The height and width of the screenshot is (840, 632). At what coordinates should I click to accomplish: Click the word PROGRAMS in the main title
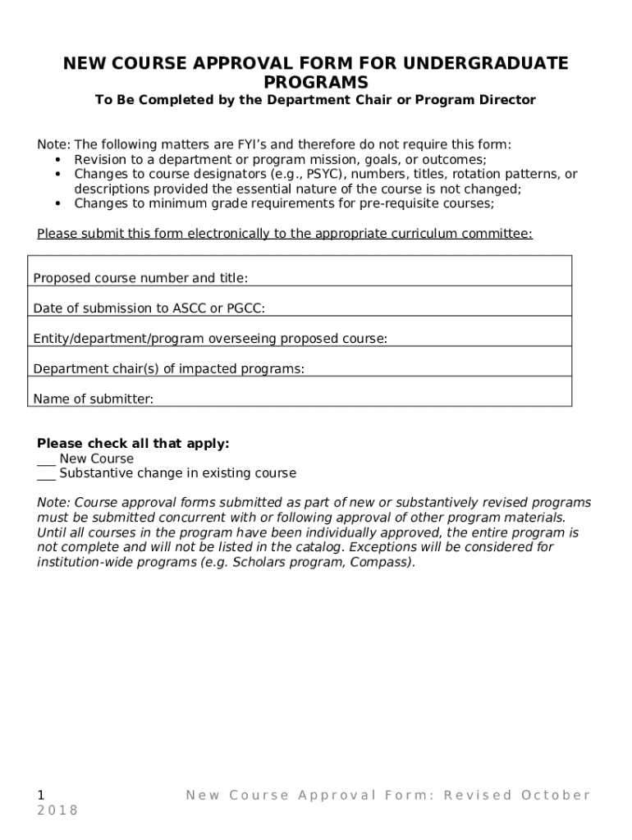click(x=316, y=82)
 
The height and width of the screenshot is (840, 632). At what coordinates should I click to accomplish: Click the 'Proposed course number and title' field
click(x=410, y=278)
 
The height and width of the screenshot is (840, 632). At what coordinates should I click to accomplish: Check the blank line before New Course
click(x=46, y=459)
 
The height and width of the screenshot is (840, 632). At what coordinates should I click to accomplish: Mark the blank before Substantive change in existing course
click(x=46, y=474)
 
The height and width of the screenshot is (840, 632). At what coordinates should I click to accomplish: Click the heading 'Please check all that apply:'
click(x=133, y=444)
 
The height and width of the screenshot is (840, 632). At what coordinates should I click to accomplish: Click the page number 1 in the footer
click(x=41, y=794)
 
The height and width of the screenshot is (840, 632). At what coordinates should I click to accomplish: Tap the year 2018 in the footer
click(x=57, y=810)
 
